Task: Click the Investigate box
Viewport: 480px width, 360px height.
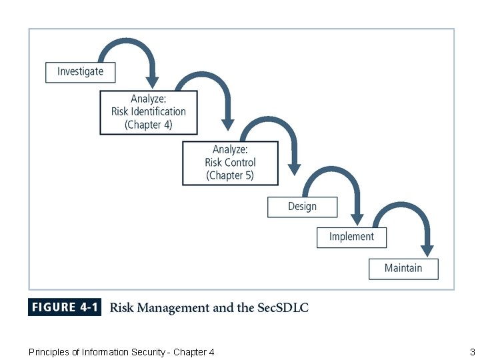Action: (x=80, y=72)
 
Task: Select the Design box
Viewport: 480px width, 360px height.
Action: (x=302, y=207)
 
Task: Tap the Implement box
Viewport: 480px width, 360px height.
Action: (x=351, y=237)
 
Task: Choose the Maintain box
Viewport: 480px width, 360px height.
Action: (x=403, y=269)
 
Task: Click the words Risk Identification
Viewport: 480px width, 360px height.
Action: (x=149, y=111)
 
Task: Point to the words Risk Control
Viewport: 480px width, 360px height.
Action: (x=230, y=163)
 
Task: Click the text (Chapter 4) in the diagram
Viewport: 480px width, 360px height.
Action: (x=149, y=125)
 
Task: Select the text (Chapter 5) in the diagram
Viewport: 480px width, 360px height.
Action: (x=230, y=176)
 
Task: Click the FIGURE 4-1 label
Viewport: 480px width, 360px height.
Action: (x=65, y=307)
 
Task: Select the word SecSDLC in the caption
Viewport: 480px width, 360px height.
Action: (x=282, y=307)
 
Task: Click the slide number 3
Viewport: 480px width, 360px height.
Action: (x=472, y=352)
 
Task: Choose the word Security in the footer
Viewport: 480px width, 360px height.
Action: (x=146, y=352)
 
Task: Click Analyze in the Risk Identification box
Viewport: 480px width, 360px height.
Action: (x=149, y=99)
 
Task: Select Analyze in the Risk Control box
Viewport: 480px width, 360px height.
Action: (x=230, y=149)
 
